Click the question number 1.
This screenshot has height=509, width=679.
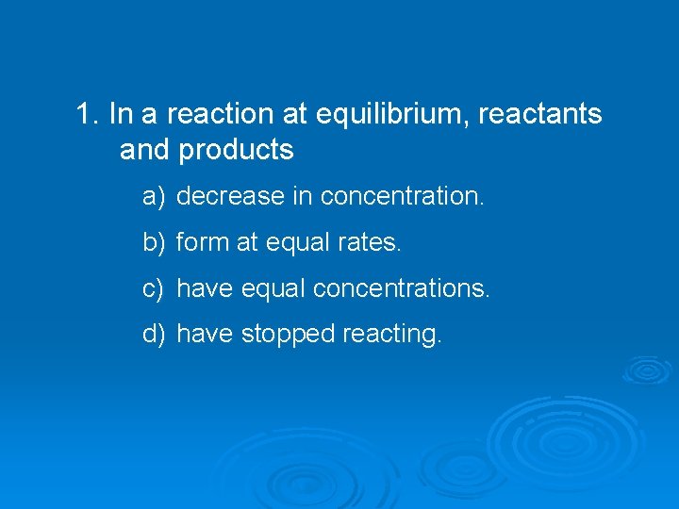point(88,115)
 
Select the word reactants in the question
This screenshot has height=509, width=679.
point(540,115)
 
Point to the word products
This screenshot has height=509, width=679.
point(236,150)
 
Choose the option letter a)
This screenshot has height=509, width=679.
point(154,196)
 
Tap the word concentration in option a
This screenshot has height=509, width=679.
point(402,196)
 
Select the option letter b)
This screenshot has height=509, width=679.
point(154,242)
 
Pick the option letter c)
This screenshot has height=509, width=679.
point(154,287)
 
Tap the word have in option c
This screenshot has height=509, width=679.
point(205,287)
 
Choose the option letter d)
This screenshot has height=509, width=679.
point(154,334)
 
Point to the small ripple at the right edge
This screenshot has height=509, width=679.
point(646,369)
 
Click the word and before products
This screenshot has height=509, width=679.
point(144,150)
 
